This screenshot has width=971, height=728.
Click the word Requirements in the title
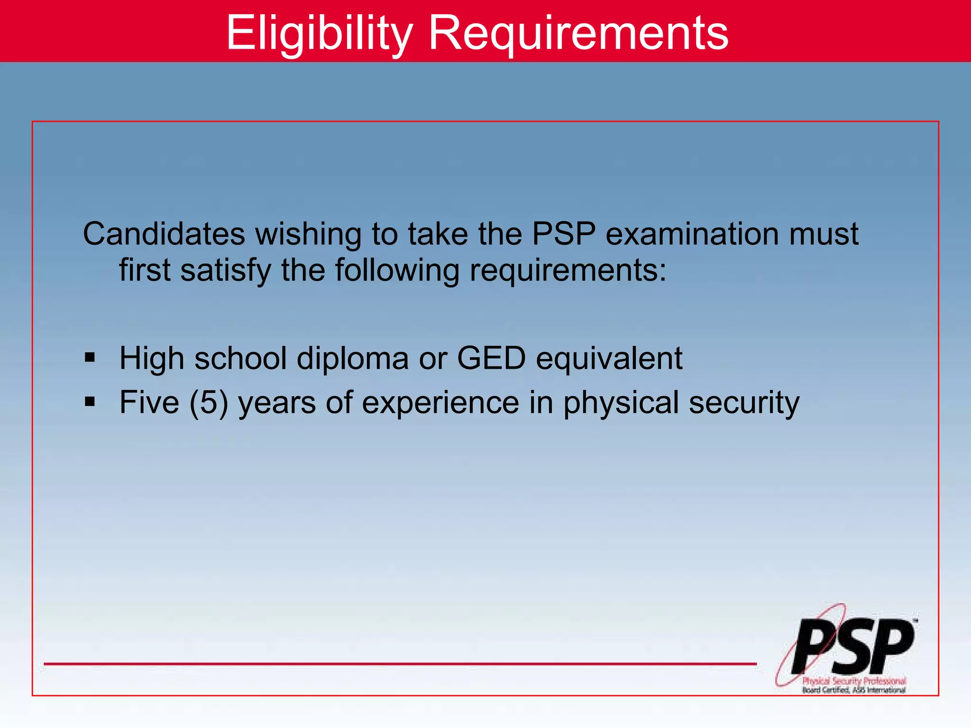pos(578,33)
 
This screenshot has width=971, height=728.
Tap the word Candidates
pos(164,234)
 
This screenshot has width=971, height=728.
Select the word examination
pos(692,234)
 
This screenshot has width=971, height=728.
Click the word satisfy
pos(226,270)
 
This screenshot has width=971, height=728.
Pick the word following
pos(397,270)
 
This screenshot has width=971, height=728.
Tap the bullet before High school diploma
pos(90,357)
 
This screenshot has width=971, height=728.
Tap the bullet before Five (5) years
pos(90,402)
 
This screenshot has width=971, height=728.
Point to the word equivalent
pos(609,359)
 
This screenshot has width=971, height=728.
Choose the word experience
pos(441,403)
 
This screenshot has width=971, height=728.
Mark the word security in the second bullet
pos(744,403)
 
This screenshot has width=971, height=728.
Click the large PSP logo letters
pos(853,647)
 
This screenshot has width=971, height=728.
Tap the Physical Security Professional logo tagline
pos(854,681)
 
